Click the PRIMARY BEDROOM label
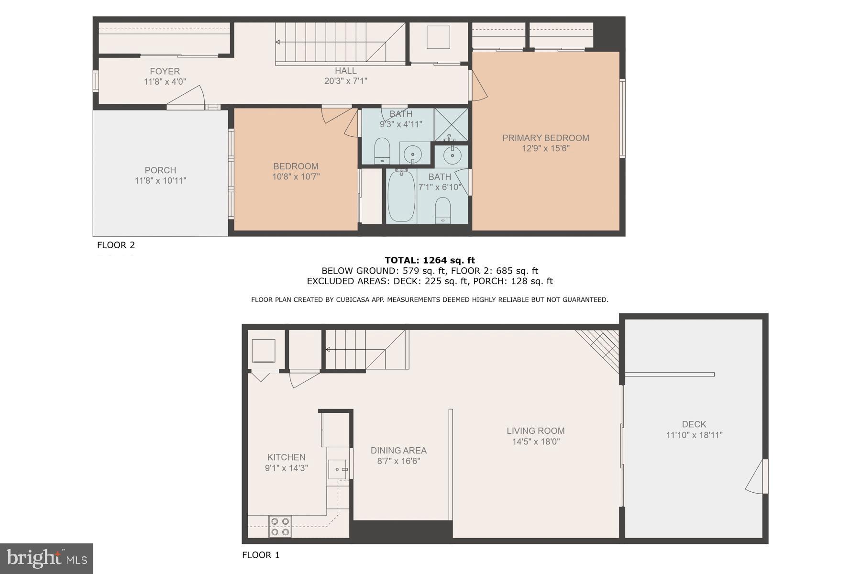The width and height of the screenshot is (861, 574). [x=545, y=138]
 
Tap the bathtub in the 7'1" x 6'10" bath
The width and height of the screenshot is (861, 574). [x=400, y=196]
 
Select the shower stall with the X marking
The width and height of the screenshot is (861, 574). [x=451, y=125]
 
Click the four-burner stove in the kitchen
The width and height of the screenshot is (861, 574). [x=280, y=526]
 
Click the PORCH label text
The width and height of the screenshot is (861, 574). [x=160, y=170]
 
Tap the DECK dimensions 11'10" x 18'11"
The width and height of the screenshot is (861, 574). [x=694, y=435]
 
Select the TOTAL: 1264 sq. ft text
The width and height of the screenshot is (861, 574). [x=430, y=260]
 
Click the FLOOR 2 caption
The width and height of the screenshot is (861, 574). [x=116, y=245]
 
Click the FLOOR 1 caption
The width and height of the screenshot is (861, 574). [x=261, y=555]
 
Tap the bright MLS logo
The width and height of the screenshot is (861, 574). [x=46, y=558]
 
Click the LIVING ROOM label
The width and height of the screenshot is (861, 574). [x=536, y=430]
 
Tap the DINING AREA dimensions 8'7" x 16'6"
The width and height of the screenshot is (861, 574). [x=398, y=461]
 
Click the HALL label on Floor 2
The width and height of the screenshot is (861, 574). [x=345, y=71]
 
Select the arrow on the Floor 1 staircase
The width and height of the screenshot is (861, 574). [x=328, y=350]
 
